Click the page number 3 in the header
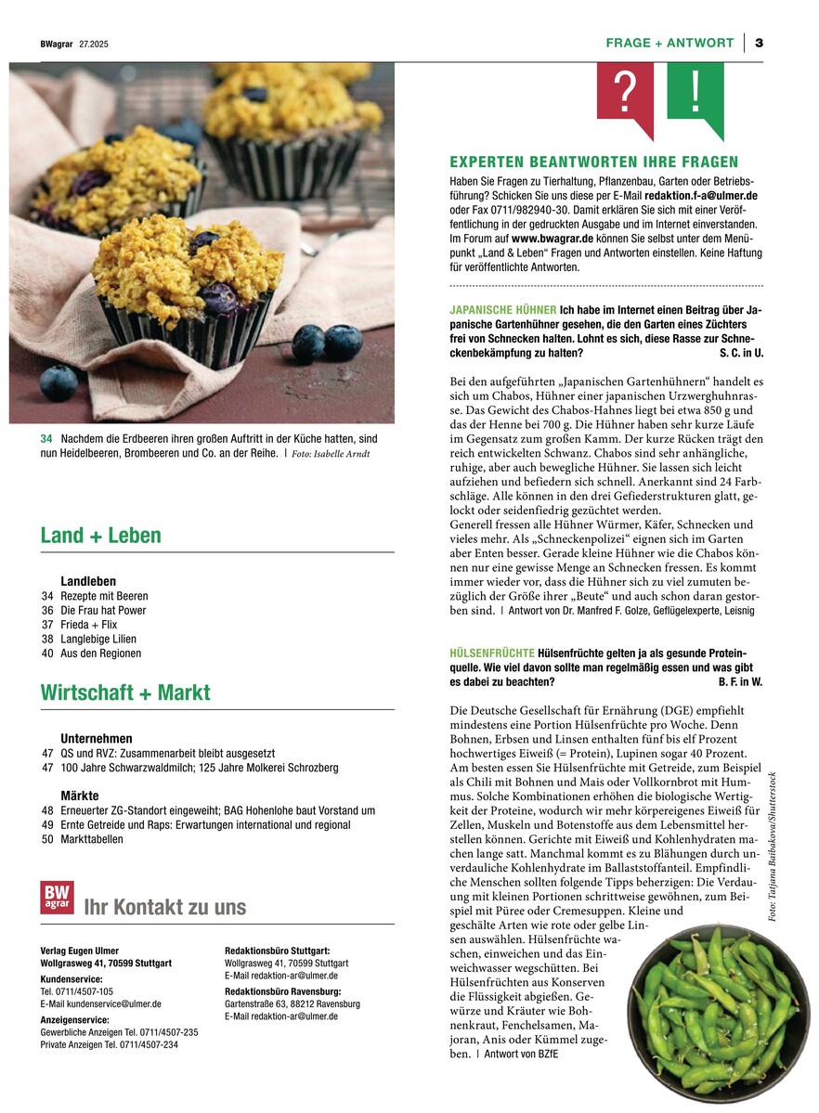pos(759,43)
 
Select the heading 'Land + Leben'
pos(100,536)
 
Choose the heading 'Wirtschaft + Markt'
pos(125,692)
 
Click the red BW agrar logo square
pos(57,897)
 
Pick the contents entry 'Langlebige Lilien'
pos(98,639)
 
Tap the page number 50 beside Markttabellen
pos(47,839)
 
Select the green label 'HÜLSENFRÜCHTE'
pos(491,654)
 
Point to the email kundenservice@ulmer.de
pos(101,1003)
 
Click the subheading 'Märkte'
pos(80,796)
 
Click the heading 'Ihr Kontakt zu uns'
pos(165,907)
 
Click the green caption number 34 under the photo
pos(46,438)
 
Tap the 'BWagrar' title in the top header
pos(57,44)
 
